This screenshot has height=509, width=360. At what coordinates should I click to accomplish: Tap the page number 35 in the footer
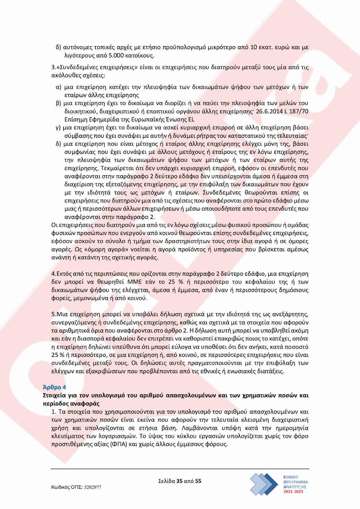coord(180,481)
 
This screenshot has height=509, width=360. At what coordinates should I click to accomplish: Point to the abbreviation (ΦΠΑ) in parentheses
coord(119,444)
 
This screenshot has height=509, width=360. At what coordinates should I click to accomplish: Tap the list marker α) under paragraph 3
coord(59,87)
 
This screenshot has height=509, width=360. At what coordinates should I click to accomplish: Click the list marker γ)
coord(58,128)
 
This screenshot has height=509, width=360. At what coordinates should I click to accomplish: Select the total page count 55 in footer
coord(198,481)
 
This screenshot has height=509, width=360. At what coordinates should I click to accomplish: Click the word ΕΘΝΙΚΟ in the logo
coord(291,477)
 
